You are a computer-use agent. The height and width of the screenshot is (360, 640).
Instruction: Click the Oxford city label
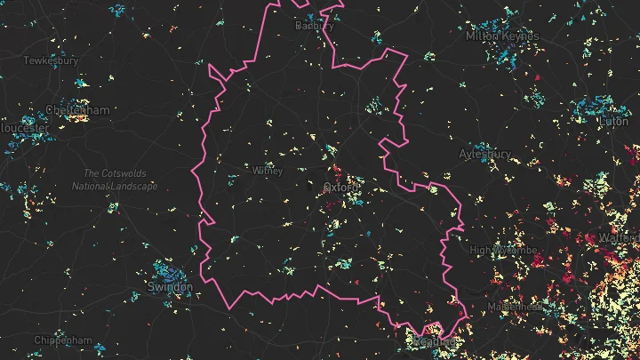pyautogui.click(x=342, y=188)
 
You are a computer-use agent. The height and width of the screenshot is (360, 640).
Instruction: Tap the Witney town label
pyautogui.click(x=268, y=170)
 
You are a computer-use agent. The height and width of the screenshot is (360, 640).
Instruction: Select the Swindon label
pyautogui.click(x=170, y=288)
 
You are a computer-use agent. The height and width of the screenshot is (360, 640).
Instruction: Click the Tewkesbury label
pyautogui.click(x=51, y=60)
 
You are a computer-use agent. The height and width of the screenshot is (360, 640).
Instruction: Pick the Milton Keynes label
pyautogui.click(x=502, y=36)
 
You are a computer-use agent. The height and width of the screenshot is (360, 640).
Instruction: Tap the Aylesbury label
pyautogui.click(x=485, y=153)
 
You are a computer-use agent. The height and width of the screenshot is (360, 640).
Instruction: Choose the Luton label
pyautogui.click(x=614, y=121)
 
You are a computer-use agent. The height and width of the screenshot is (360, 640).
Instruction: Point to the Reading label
pyautogui.click(x=436, y=340)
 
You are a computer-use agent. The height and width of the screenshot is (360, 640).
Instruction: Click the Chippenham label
pyautogui.click(x=63, y=340)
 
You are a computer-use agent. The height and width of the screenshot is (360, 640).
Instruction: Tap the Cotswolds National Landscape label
pyautogui.click(x=115, y=180)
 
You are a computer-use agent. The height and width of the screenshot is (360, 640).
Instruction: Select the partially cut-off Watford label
pyautogui.click(x=624, y=239)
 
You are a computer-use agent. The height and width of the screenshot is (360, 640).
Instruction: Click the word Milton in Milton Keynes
pyautogui.click(x=483, y=36)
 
